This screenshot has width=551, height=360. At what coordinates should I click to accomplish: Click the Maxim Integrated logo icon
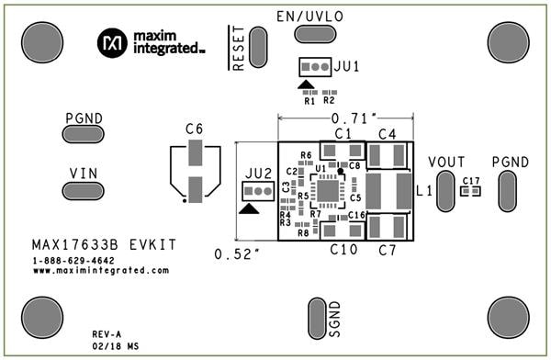[x=113, y=41]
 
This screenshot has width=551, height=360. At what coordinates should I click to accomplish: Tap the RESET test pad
[x=258, y=45]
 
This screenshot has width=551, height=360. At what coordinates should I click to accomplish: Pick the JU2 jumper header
[x=257, y=190]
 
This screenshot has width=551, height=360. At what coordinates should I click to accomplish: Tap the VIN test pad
[x=84, y=190]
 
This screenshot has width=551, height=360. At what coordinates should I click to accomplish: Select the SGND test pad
[x=314, y=318]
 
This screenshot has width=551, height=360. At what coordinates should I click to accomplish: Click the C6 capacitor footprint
[x=195, y=174]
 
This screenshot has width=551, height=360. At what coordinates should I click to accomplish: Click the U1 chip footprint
[x=328, y=190]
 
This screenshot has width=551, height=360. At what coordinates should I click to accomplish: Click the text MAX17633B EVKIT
[x=103, y=246]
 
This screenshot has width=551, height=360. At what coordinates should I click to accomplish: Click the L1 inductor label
[x=424, y=192]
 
